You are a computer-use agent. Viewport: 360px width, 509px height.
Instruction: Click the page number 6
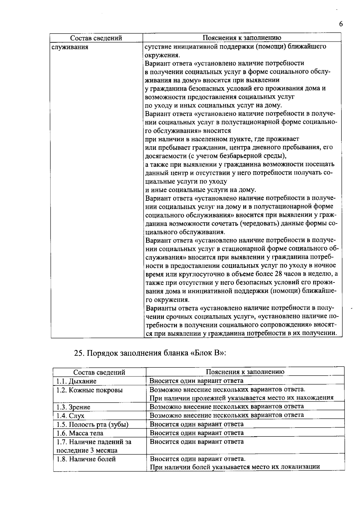340,24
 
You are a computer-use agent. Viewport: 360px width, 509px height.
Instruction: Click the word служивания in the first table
70,47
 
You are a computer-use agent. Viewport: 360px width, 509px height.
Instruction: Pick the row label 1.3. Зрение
73,407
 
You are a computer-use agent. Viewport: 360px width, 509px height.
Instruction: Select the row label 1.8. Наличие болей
86,459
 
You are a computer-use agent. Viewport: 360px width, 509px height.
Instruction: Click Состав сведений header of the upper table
96,38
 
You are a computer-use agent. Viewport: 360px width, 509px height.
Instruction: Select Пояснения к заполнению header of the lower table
245,372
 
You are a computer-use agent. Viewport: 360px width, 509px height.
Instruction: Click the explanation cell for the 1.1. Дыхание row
196,381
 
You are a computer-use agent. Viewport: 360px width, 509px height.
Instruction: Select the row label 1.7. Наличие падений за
94,442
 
